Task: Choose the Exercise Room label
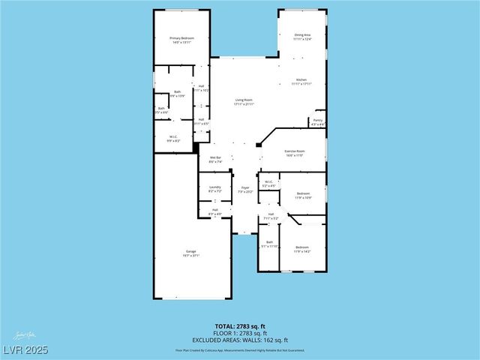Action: coord(293,153)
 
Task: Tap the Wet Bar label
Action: coord(214,159)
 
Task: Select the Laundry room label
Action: coord(214,188)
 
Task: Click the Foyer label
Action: coord(244,189)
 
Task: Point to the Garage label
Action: coord(191,253)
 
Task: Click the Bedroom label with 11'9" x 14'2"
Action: coord(301,249)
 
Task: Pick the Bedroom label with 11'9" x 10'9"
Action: coord(302,195)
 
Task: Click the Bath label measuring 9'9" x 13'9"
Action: coord(177,94)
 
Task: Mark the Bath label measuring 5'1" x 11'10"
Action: coord(269,244)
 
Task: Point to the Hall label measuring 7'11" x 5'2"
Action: coord(271,216)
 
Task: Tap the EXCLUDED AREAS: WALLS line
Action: coord(239,339)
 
